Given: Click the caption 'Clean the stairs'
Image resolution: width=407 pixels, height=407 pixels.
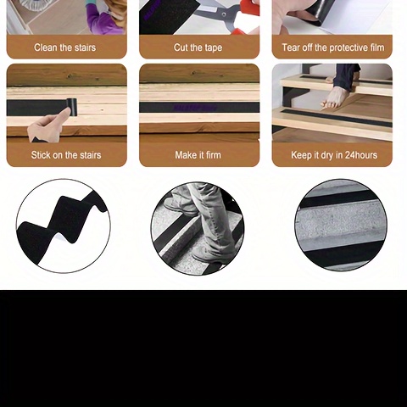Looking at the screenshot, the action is [65, 47].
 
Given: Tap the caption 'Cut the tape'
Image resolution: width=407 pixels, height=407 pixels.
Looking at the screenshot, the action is [198, 47].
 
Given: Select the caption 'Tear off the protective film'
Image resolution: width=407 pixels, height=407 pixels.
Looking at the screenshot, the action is [333, 47].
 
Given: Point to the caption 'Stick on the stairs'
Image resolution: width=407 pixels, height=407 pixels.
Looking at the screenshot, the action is [66, 155].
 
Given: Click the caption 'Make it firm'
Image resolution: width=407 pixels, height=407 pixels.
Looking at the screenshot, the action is [198, 155].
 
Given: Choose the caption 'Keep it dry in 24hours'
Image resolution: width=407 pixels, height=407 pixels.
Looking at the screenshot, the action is [334, 155].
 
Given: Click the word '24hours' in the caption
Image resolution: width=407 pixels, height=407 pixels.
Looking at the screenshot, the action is [361, 155].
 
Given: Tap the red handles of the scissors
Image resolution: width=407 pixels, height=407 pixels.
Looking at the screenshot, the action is [247, 17].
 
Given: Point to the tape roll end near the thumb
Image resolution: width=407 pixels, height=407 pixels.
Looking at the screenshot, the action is [71, 107].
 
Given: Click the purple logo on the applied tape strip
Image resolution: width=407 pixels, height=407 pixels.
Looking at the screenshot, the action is [196, 108].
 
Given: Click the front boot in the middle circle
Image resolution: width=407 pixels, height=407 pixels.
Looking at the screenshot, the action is [210, 253].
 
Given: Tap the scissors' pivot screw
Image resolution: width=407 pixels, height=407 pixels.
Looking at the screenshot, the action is [224, 14].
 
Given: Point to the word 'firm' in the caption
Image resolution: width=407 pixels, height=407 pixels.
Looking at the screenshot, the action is [214, 155].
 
